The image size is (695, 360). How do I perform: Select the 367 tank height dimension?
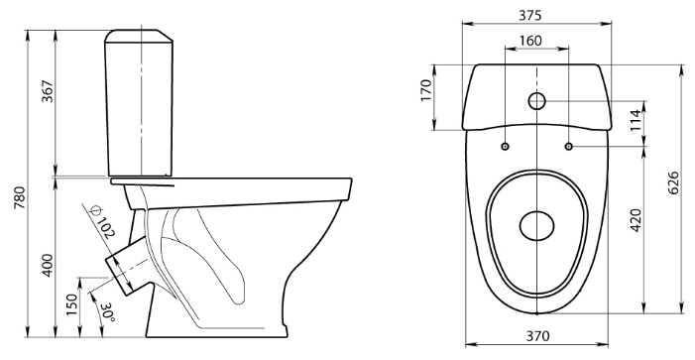(x=47, y=91)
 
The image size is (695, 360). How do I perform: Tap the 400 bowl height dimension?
(x=47, y=265)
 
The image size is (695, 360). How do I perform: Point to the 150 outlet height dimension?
(x=71, y=304)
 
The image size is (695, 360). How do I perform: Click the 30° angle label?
(x=108, y=313)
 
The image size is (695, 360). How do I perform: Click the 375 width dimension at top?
(x=530, y=15)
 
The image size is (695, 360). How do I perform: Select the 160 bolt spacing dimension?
(x=530, y=41)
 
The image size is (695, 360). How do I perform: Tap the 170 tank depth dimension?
(x=426, y=90)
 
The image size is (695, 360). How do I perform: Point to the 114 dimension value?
(x=637, y=120)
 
